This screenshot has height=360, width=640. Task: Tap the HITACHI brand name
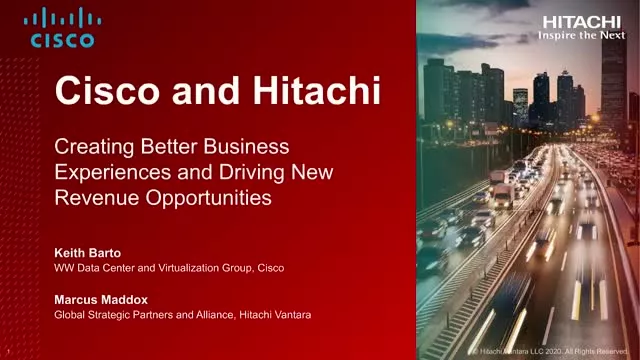coord(582,21)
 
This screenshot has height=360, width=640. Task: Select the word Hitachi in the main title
coord(320,93)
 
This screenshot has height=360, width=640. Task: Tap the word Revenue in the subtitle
coord(93,197)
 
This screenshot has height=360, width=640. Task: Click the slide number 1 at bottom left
coord(8,352)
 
